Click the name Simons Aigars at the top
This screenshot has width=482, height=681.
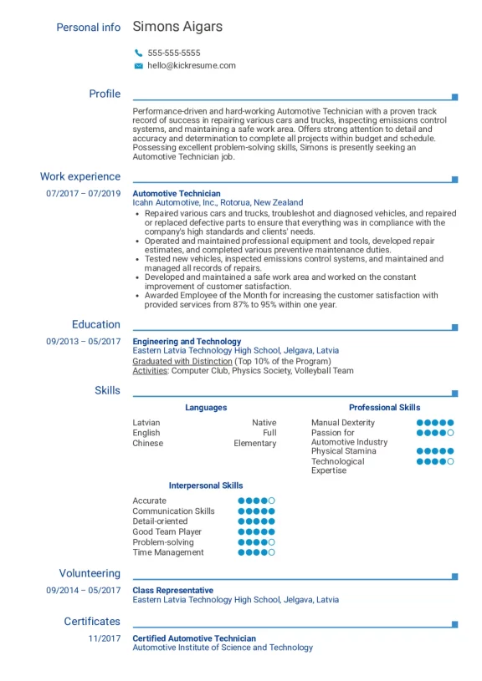click(177, 27)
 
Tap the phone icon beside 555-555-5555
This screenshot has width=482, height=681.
click(138, 53)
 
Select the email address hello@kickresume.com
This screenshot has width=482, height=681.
click(192, 65)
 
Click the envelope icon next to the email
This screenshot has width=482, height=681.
click(138, 65)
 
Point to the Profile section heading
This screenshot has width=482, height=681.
click(105, 94)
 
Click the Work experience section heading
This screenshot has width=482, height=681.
click(80, 176)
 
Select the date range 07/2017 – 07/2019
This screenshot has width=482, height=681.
click(84, 193)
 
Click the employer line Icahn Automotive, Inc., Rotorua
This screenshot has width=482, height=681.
click(218, 203)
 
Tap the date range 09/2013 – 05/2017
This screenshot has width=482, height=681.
click(84, 341)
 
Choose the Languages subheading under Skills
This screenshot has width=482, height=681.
click(206, 408)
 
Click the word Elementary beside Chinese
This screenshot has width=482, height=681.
click(254, 443)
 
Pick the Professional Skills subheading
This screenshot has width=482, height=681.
click(384, 408)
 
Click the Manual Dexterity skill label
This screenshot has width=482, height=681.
click(343, 423)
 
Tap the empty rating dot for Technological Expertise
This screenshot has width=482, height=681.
click(451, 461)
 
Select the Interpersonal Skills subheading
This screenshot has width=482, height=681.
click(206, 485)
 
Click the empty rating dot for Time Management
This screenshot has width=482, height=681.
click(271, 552)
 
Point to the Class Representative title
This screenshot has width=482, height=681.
click(172, 590)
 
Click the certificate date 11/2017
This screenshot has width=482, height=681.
click(105, 638)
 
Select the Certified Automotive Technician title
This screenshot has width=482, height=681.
click(194, 638)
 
